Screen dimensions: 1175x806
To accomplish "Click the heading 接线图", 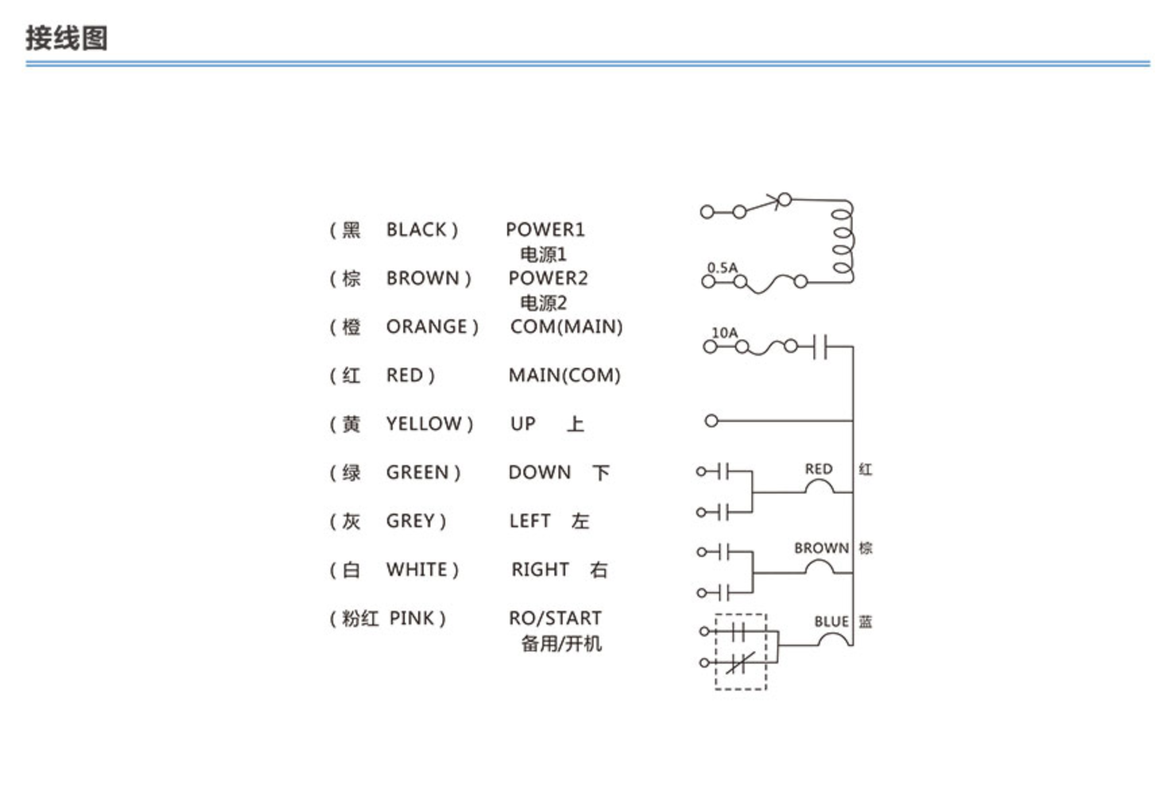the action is tap(67, 38).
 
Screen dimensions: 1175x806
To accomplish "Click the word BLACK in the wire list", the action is tap(416, 230).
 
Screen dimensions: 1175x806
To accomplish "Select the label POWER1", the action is tap(545, 230).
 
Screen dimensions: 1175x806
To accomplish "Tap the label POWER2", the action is tap(548, 278).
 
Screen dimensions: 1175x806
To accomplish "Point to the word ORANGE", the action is tap(426, 327).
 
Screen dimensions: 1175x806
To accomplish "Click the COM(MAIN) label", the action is tap(566, 327).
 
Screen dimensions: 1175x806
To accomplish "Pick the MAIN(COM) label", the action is tap(565, 375).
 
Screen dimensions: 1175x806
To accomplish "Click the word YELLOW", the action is tap(424, 424).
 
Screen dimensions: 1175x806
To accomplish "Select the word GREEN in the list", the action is tap(417, 473).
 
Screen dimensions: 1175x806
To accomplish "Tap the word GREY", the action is tap(410, 521).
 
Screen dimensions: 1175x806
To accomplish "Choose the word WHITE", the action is tap(416, 570).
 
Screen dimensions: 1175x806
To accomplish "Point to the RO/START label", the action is tap(555, 618).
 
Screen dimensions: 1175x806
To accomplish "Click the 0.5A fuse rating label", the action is tap(722, 267).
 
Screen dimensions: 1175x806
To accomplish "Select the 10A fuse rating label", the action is tap(725, 333).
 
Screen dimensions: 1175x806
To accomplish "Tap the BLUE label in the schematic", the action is tap(831, 622).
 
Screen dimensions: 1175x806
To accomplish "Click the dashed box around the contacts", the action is tap(716, 652).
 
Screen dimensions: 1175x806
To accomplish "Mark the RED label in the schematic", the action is tap(818, 469).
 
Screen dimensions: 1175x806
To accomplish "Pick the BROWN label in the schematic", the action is tap(821, 548).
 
